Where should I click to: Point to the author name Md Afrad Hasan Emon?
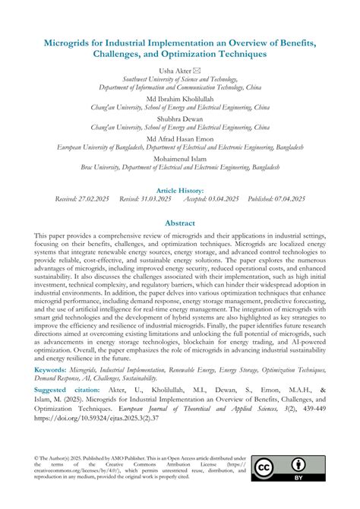180,139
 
